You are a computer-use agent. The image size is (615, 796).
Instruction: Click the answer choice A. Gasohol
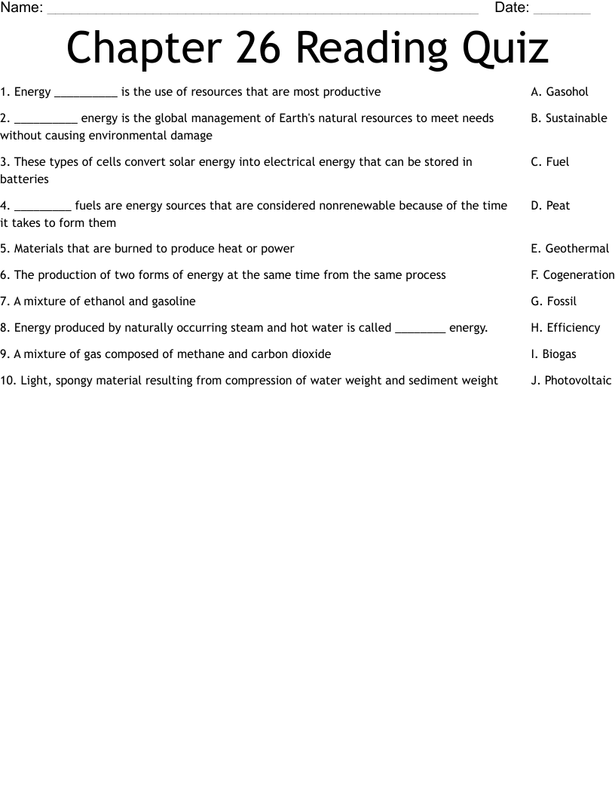(x=559, y=92)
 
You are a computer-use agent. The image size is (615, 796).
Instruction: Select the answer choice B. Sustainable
(x=568, y=118)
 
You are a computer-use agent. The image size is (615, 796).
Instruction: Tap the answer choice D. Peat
(x=550, y=206)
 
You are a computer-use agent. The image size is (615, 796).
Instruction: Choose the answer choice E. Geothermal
(x=569, y=249)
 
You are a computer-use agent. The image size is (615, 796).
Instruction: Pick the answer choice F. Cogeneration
(x=572, y=275)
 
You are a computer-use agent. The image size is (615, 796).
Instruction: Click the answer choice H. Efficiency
(x=565, y=328)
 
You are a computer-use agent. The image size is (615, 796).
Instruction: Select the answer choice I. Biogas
(x=553, y=354)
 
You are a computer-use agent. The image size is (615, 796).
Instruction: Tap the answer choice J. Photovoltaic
(x=571, y=381)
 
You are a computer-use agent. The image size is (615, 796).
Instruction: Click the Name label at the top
(x=21, y=8)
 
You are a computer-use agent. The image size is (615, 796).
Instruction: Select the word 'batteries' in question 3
(x=24, y=179)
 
